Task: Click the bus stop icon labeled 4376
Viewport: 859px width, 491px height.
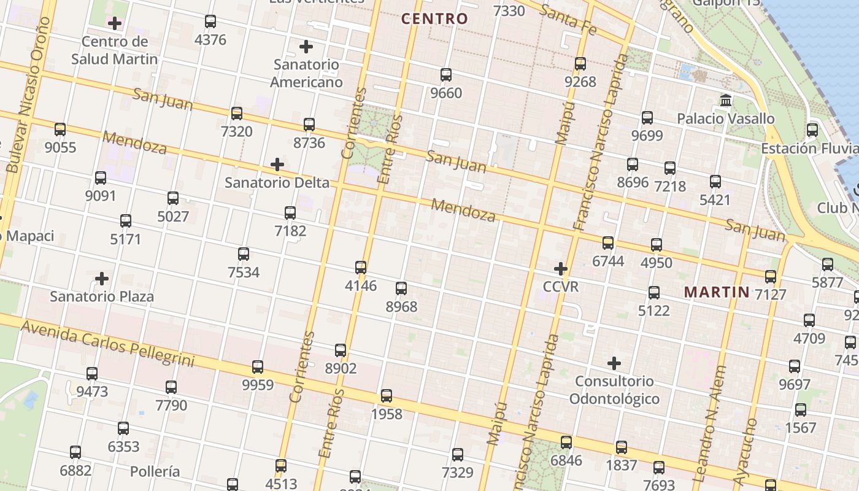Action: click(x=210, y=21)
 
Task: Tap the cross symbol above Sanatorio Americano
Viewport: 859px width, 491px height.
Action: click(x=306, y=47)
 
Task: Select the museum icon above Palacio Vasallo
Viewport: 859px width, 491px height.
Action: click(x=726, y=100)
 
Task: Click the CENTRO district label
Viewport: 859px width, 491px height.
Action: click(x=434, y=19)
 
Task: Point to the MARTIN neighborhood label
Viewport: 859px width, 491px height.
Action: click(x=717, y=292)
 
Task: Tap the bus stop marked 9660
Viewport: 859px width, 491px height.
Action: click(x=446, y=75)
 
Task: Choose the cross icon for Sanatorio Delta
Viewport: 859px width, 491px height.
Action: click(x=277, y=164)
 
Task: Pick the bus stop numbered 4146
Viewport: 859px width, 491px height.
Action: click(x=361, y=268)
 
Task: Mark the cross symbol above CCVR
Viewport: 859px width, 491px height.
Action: click(x=561, y=269)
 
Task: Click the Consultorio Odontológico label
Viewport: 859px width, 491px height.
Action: click(x=614, y=390)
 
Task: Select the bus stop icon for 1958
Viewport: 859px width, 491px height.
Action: click(x=387, y=396)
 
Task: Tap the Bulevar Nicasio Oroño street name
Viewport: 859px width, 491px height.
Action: click(x=28, y=95)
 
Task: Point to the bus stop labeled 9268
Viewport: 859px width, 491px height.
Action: click(x=580, y=63)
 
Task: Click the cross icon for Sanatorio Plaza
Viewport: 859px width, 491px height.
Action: click(x=102, y=279)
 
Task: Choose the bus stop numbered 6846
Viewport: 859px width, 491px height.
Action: click(x=566, y=442)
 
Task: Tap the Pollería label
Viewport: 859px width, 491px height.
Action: click(x=155, y=471)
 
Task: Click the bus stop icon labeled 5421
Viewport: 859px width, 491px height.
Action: click(x=715, y=182)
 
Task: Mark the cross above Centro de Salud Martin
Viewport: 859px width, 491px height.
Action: click(x=115, y=24)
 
